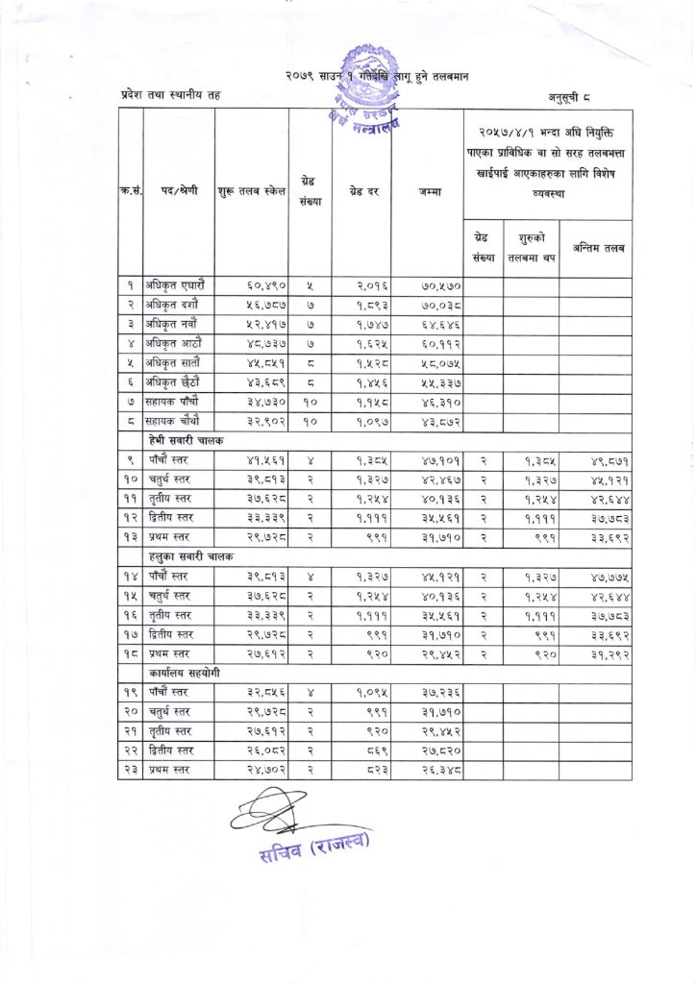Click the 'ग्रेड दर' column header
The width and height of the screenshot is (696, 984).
[360, 191]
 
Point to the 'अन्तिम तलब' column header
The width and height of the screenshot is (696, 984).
[595, 248]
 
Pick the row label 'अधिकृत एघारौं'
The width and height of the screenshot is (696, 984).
[175, 284]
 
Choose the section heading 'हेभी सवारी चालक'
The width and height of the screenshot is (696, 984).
[185, 439]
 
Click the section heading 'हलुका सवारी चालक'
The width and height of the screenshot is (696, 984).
[189, 556]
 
